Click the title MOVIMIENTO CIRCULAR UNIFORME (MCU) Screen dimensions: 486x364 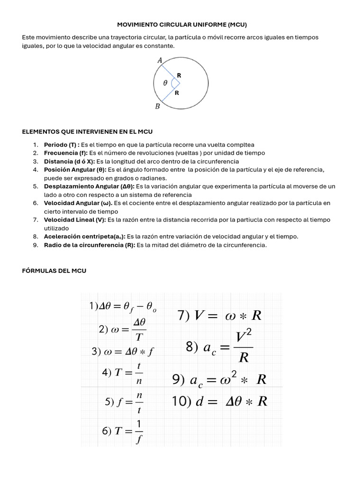[182, 24]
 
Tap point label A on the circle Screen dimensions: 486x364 [160, 60]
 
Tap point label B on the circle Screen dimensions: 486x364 [158, 107]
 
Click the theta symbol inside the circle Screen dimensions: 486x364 [165, 83]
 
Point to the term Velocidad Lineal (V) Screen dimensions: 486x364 [75, 220]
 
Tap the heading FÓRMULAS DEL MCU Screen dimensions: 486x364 [54, 271]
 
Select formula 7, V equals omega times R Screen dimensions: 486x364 [219, 316]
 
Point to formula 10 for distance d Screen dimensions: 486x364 [219, 402]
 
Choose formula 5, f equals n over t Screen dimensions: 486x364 [124, 402]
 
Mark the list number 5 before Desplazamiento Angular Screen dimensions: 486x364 [36, 186]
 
